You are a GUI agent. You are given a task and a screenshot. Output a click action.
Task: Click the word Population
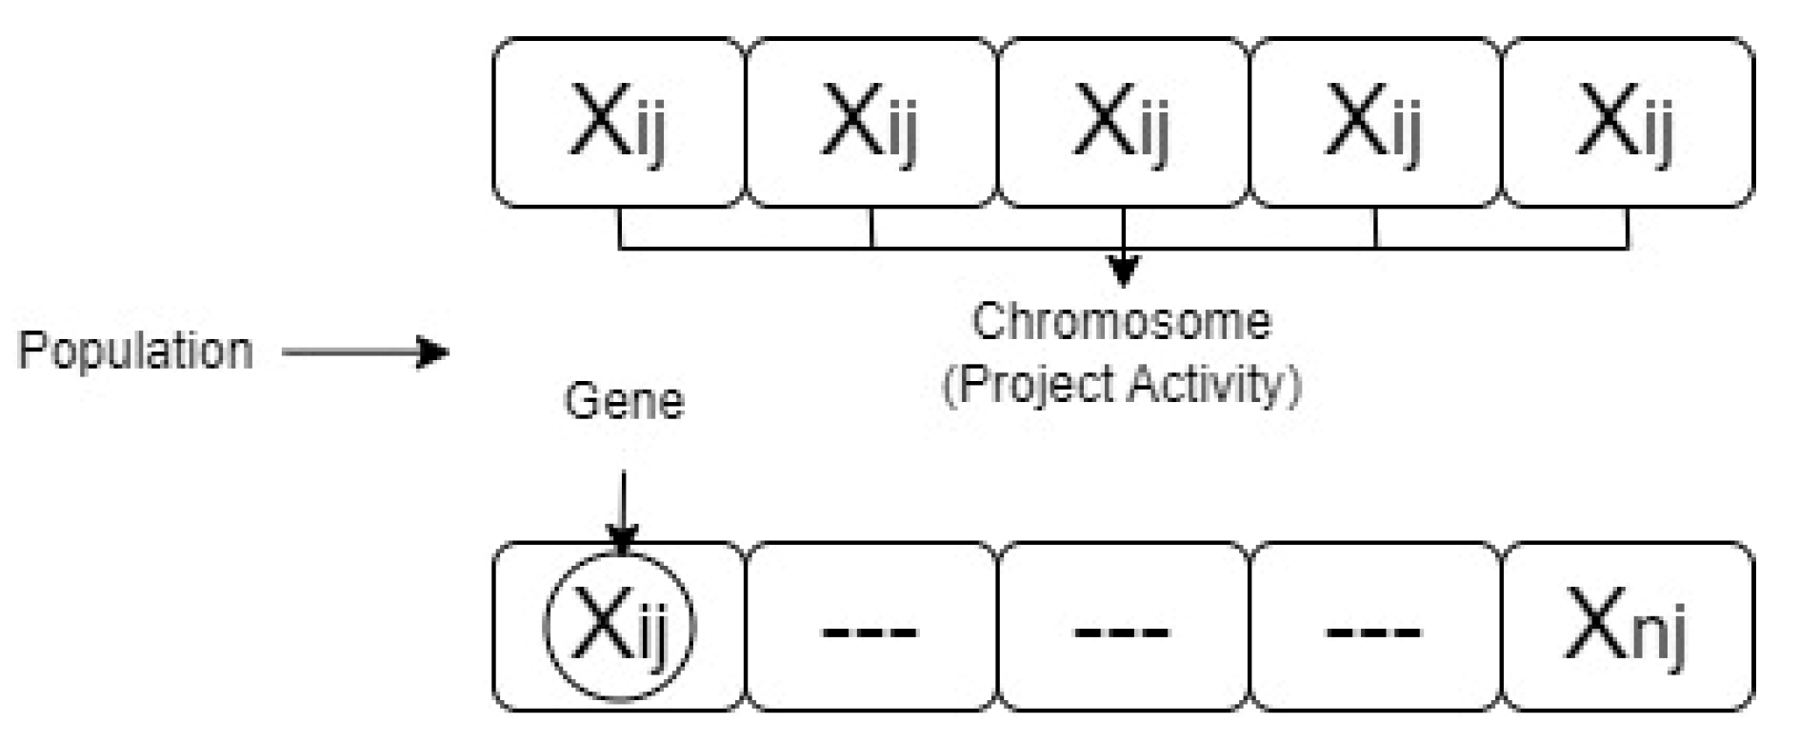[135, 351]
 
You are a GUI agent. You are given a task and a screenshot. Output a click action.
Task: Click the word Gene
[624, 401]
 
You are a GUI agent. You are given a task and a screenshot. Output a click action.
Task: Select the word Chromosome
[1121, 322]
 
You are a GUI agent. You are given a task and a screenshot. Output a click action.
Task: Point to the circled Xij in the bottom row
[620, 627]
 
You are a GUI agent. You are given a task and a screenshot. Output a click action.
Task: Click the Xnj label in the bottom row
[1627, 627]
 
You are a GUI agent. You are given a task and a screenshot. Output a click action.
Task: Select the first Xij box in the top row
[619, 122]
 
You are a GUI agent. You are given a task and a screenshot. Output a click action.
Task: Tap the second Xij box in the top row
[870, 122]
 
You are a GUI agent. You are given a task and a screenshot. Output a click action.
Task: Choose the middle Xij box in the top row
[1123, 122]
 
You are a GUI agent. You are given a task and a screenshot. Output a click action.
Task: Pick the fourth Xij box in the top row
[1374, 122]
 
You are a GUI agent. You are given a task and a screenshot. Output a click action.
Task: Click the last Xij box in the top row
[1627, 122]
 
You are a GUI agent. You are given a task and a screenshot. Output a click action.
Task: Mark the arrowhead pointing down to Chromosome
[1124, 271]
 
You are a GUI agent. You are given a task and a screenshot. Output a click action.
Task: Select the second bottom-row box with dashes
[870, 627]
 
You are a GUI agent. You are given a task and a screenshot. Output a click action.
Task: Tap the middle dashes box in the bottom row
[1123, 627]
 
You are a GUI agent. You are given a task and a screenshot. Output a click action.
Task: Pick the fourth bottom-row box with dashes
[1374, 627]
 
